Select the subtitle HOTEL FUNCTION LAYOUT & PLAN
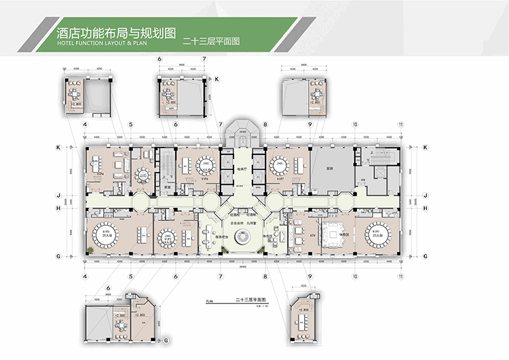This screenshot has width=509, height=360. (x=92, y=43)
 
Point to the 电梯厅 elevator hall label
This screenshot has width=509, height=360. (x=241, y=167)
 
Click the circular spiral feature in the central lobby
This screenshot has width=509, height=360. (x=242, y=238)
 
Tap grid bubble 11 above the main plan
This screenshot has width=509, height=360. (x=401, y=125)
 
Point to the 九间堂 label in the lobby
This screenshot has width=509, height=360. (x=252, y=223)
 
